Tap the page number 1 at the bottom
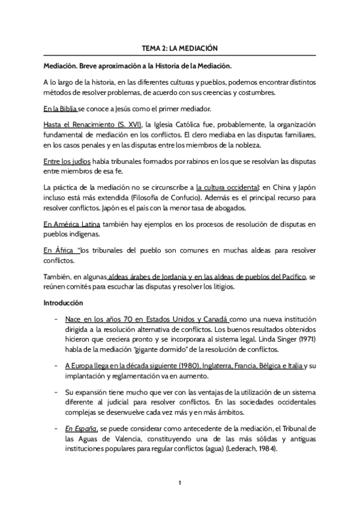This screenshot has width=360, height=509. [x=180, y=483]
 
